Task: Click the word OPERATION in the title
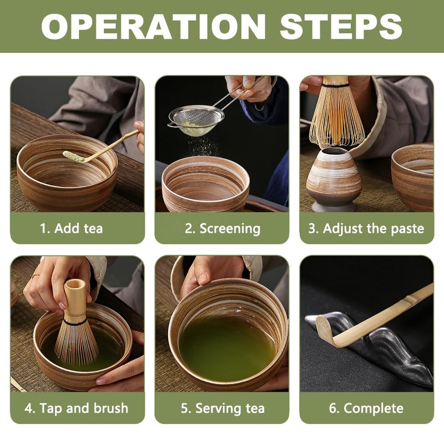click(153, 26)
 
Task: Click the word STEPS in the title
click(341, 26)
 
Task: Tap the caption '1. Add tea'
click(72, 228)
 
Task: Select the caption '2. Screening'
click(223, 229)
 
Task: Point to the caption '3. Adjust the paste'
click(366, 228)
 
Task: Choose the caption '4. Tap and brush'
click(77, 408)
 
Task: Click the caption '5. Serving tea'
click(223, 408)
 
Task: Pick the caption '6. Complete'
click(366, 408)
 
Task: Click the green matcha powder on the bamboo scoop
click(73, 156)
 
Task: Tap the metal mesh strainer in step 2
click(196, 120)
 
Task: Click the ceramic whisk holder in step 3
click(334, 179)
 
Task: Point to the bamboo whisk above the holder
click(336, 110)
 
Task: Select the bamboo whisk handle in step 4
click(75, 300)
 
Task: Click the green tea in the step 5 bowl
click(228, 349)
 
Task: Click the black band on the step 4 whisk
click(75, 322)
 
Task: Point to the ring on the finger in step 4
click(36, 276)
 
